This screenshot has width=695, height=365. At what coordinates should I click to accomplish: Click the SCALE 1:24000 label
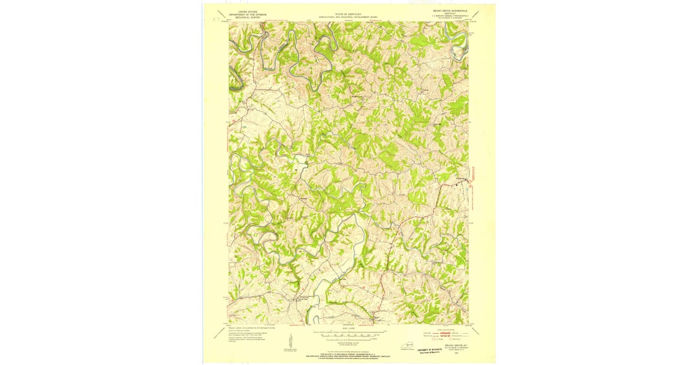[349, 329]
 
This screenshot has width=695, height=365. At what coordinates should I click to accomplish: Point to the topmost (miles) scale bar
[349, 333]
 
